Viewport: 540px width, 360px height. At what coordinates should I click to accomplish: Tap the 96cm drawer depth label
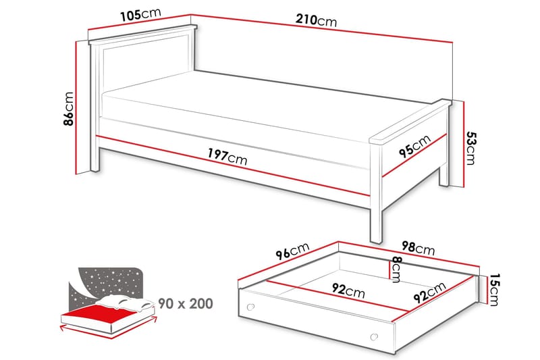click(290, 253)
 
